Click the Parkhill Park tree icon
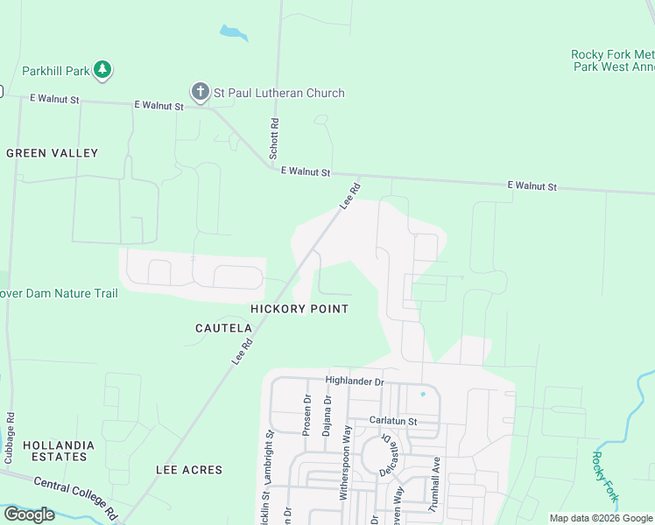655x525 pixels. (x=102, y=69)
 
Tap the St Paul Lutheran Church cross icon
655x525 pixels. (x=200, y=92)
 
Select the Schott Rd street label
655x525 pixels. (x=274, y=139)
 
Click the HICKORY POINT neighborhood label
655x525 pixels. (x=299, y=309)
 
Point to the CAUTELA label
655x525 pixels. (x=223, y=328)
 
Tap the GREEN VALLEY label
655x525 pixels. (x=53, y=153)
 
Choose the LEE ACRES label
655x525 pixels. (x=189, y=470)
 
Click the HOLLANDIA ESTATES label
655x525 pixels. (x=55, y=451)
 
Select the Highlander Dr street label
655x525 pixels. (x=355, y=381)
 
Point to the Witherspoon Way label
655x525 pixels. (x=346, y=462)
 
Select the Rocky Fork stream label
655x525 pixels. (x=605, y=477)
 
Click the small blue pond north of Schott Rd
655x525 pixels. (x=233, y=33)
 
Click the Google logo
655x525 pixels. (x=29, y=514)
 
